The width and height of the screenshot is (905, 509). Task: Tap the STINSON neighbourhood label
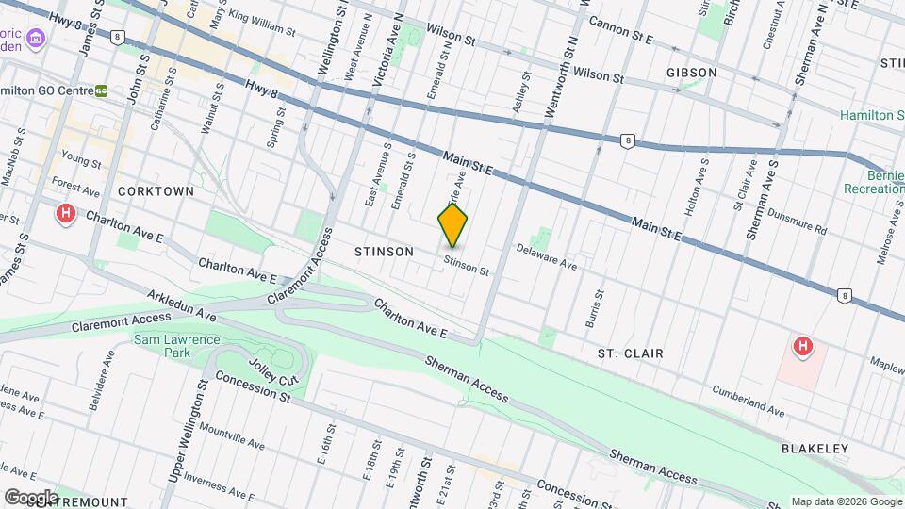coord(384,252)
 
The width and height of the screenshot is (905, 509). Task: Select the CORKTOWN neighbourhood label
coord(156,190)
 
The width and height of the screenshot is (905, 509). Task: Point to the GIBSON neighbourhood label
coord(691,72)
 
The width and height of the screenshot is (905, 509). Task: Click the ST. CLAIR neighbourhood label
coord(630,353)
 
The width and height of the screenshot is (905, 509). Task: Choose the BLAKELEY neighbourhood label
coord(814,449)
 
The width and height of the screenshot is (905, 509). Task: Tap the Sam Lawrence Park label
coord(176,346)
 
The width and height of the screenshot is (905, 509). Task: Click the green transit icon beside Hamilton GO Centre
coord(101,91)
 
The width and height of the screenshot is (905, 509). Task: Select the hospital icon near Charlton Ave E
coord(66,213)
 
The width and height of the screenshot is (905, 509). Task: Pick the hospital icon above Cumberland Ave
coord(802,347)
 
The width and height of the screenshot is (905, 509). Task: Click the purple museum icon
coord(36,40)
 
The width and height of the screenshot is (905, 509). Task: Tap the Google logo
coord(30,497)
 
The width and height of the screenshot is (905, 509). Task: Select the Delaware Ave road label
coord(546,258)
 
